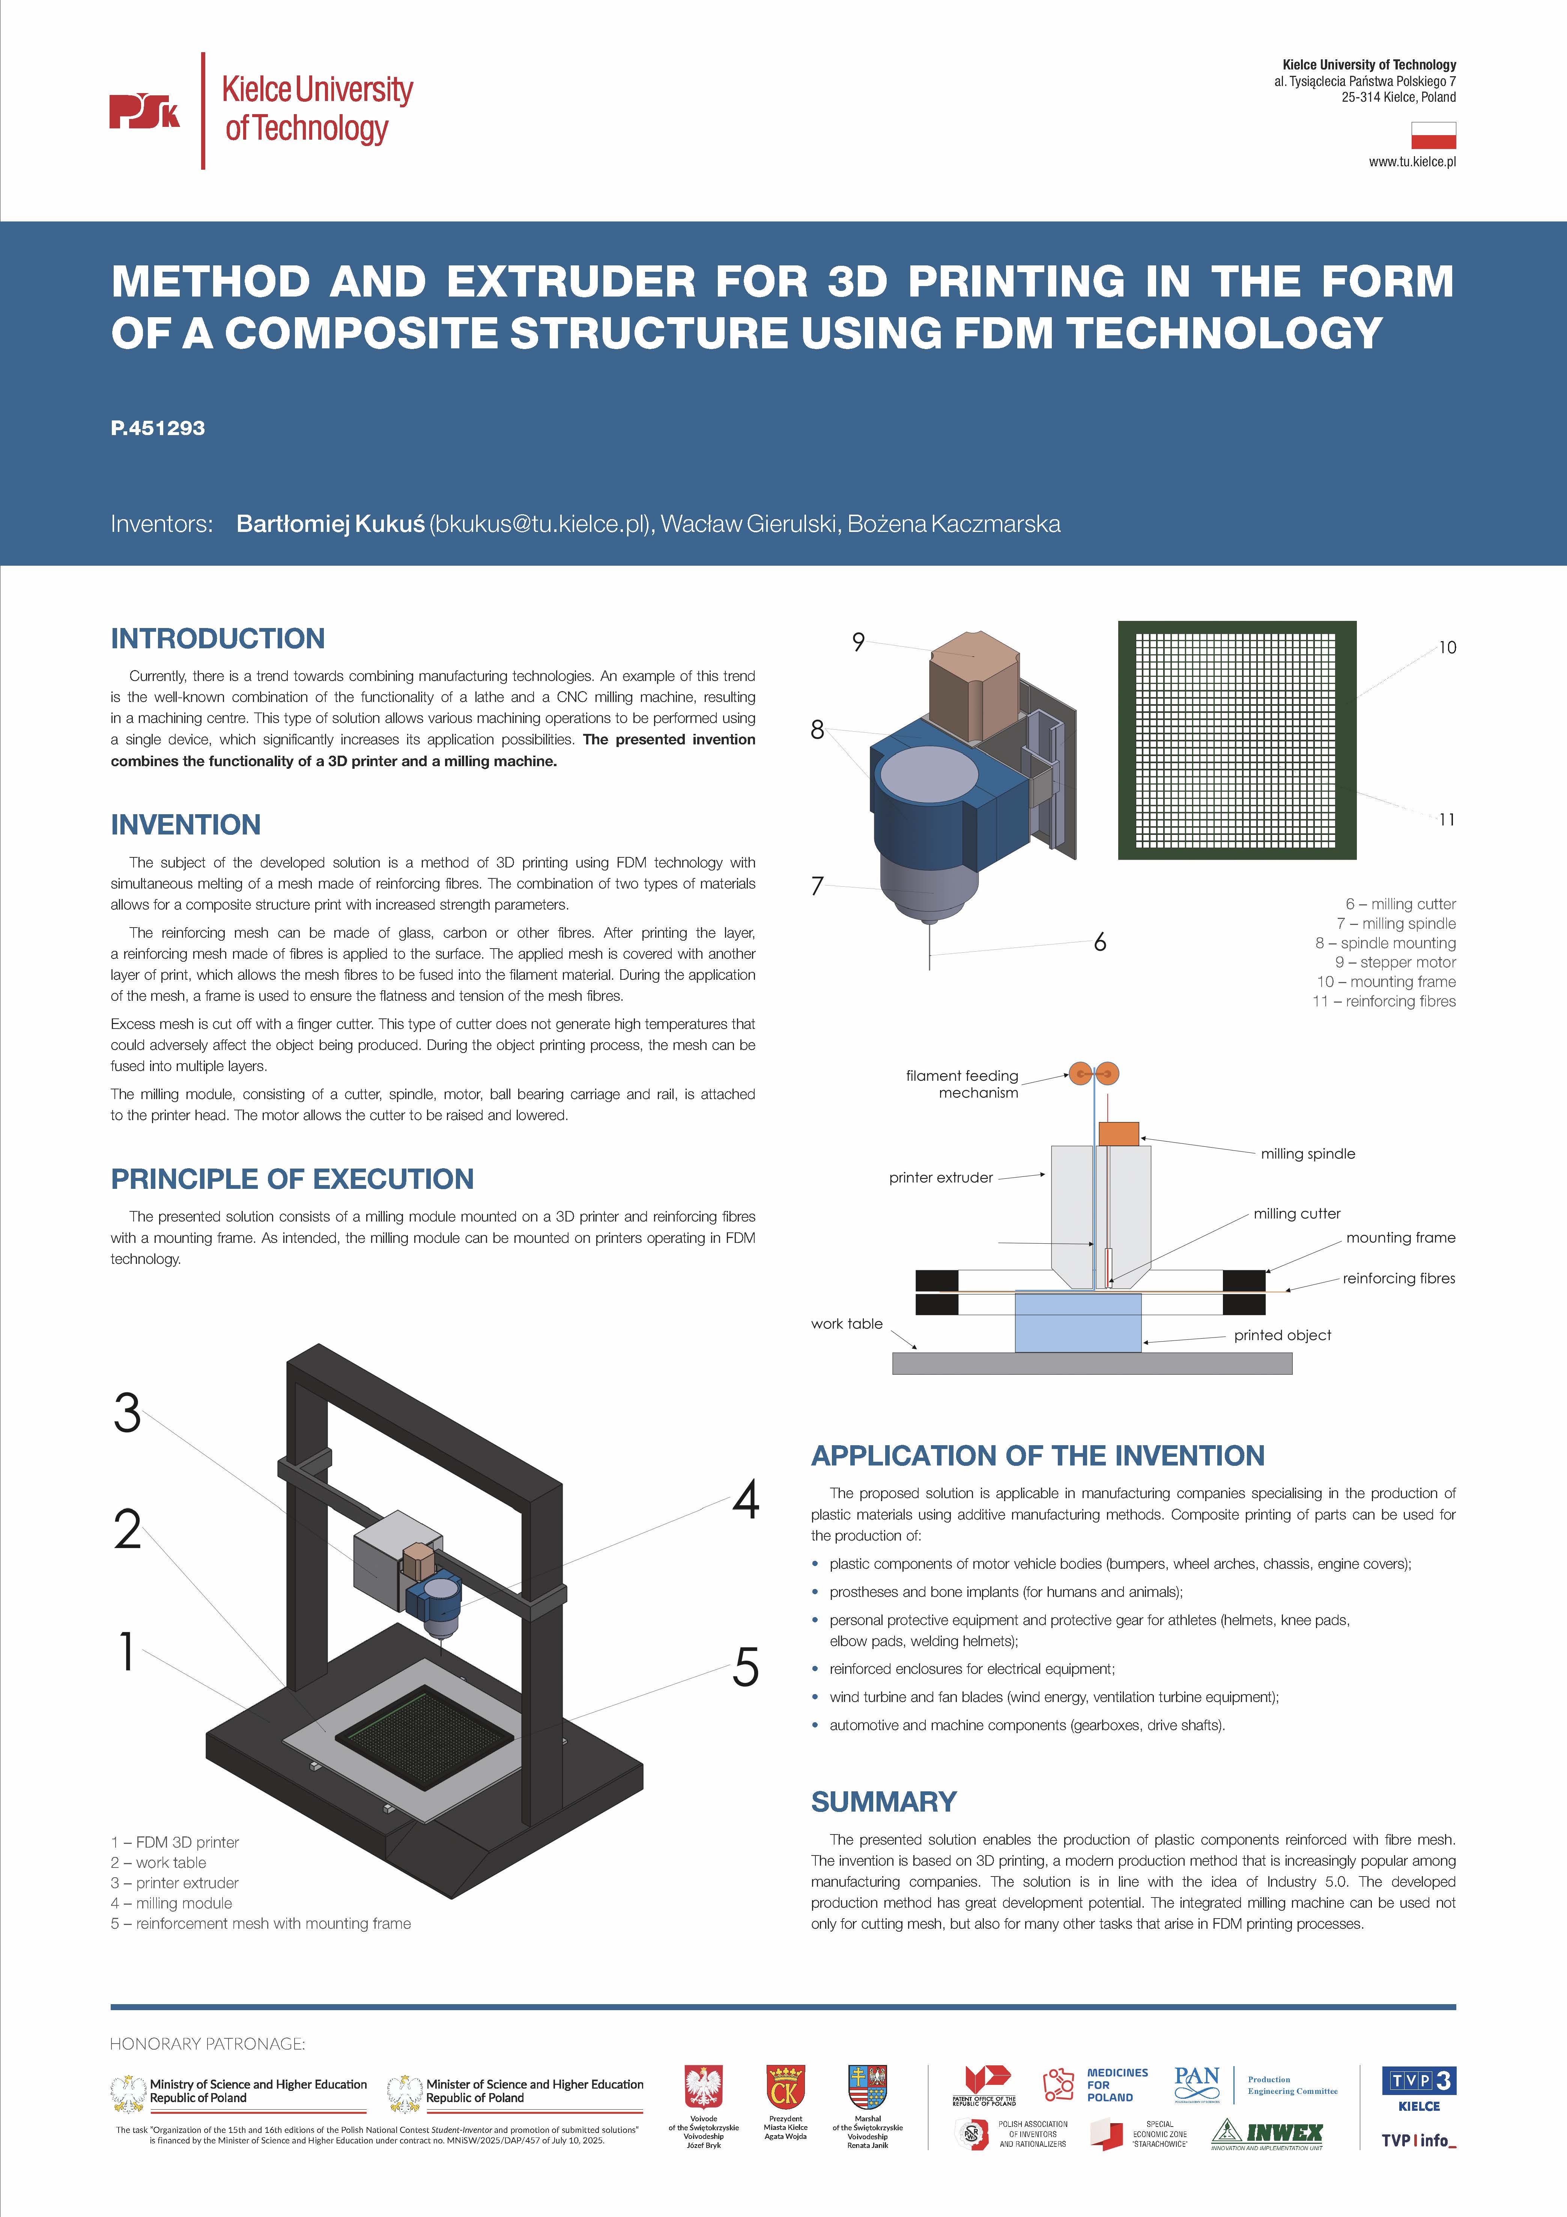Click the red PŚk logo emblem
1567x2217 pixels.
point(144,111)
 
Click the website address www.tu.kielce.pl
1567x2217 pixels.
point(1412,162)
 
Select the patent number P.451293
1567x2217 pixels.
point(157,428)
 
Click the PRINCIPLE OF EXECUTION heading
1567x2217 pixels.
point(292,1179)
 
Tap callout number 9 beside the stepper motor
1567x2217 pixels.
point(857,642)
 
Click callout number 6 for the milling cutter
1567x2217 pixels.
point(1100,943)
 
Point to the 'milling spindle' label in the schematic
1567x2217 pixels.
point(1307,1154)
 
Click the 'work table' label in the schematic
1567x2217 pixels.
point(847,1324)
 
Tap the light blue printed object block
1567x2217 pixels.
point(1077,1323)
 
